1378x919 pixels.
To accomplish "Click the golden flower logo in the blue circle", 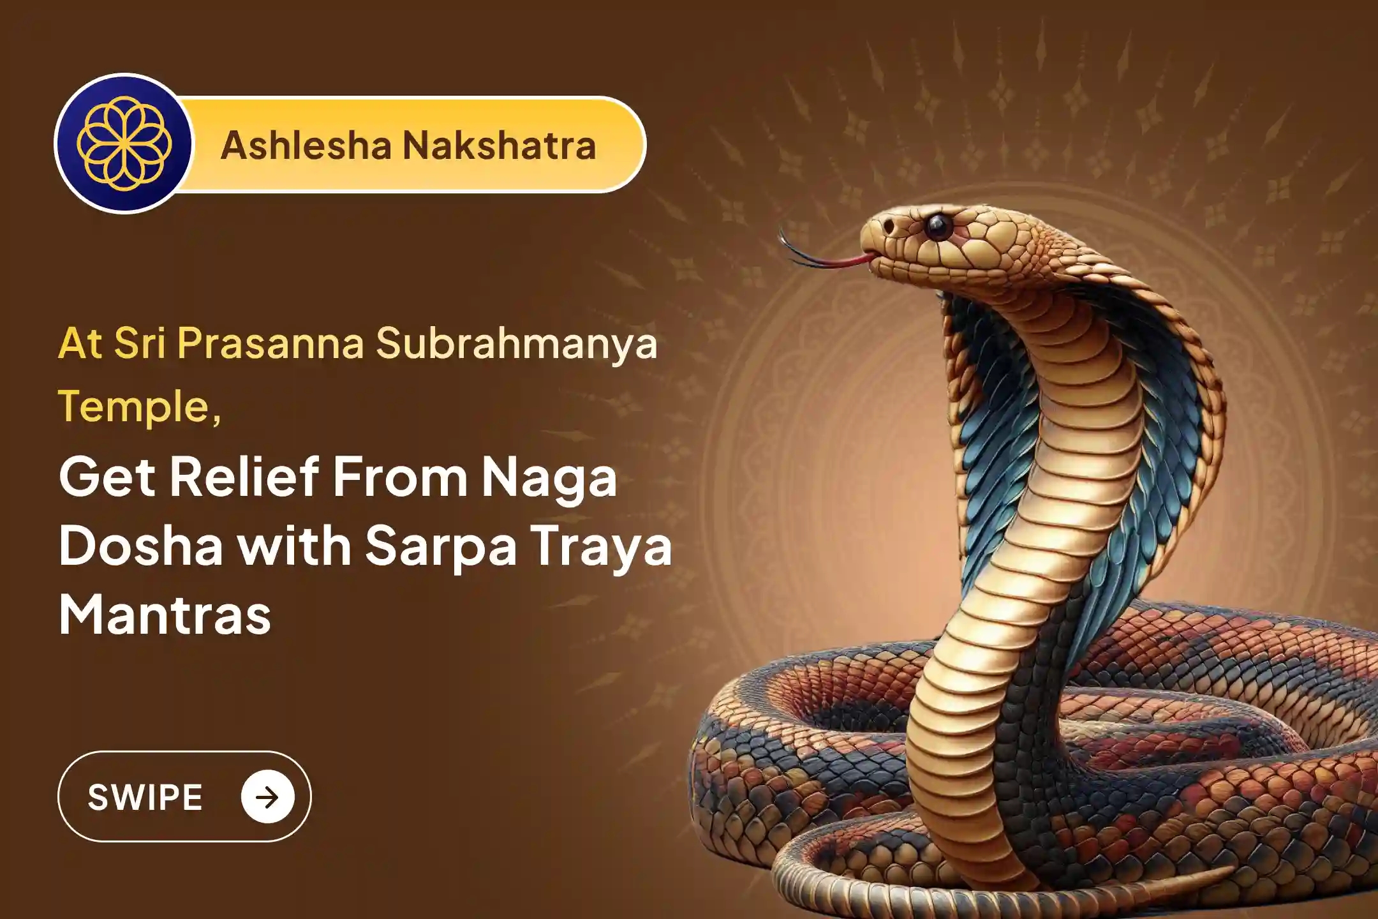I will tap(124, 144).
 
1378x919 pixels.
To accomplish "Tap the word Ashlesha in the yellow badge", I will tap(306, 145).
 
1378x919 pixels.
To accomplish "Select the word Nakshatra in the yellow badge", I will tap(500, 145).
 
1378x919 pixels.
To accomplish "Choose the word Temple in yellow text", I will tap(135, 407).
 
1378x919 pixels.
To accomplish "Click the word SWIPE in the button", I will tap(145, 797).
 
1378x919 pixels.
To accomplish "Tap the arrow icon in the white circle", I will tap(268, 796).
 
